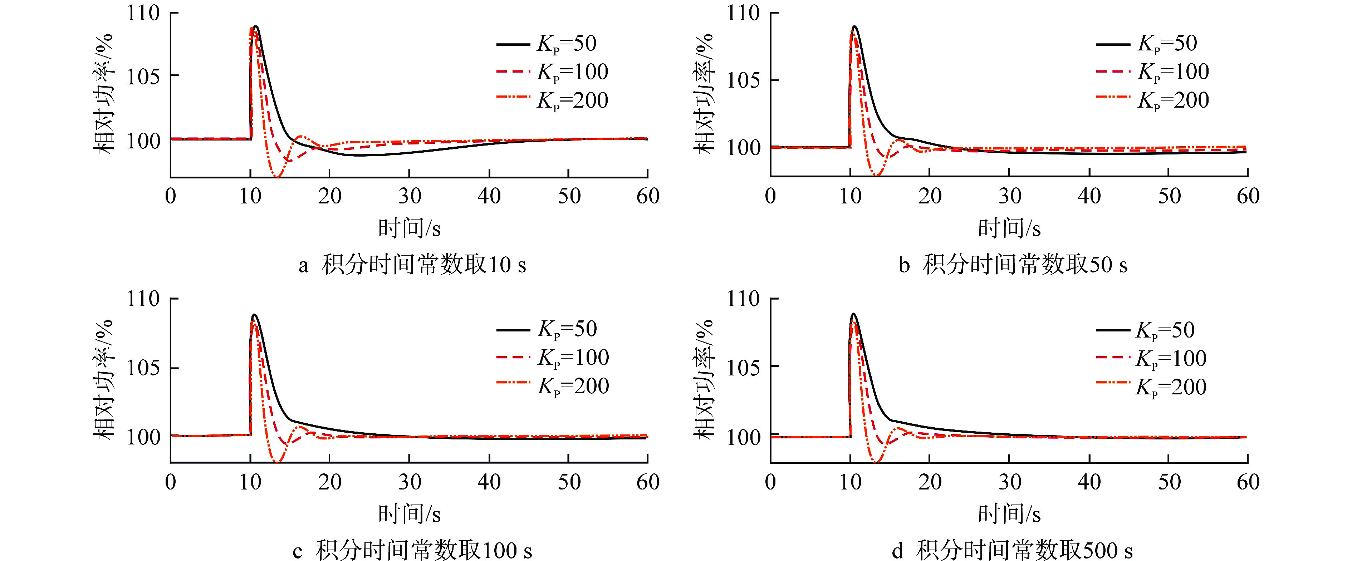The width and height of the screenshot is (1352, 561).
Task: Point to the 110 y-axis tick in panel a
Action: coord(143,13)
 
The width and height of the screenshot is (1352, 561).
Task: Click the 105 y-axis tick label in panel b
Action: coord(743,80)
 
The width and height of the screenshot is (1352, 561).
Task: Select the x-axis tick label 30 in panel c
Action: coord(410,482)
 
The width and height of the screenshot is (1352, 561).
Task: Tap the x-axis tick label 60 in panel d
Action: coord(1248,482)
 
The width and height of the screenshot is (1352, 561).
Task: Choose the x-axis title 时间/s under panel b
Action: coord(1009,228)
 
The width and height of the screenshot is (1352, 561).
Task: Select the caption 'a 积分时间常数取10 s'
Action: coord(412,265)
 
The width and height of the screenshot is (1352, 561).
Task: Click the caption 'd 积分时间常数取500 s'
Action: coord(1012,551)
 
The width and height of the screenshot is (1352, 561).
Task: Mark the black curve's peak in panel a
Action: coord(256,26)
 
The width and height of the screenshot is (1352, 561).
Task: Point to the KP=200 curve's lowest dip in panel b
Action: coord(877,175)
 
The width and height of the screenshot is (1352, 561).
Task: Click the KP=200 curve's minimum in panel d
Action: coord(877,462)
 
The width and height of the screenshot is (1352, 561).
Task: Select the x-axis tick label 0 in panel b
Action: coord(770,196)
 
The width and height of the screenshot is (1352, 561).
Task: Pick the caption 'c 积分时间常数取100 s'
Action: coord(412,551)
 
